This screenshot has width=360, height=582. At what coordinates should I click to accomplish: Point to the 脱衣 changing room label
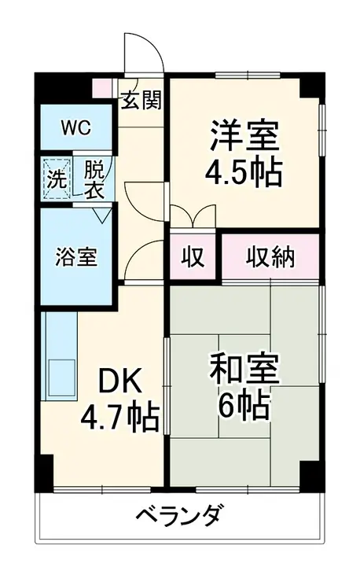pyautogui.click(x=94, y=177)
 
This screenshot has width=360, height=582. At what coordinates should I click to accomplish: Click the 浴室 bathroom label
pyautogui.click(x=77, y=256)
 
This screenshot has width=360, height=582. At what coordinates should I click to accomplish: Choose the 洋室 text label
pyautogui.click(x=244, y=135)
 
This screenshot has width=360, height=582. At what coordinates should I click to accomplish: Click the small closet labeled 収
pyautogui.click(x=192, y=256)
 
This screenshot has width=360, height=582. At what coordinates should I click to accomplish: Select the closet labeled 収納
pyautogui.click(x=271, y=256)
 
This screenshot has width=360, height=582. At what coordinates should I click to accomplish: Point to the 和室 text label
pyautogui.click(x=243, y=370)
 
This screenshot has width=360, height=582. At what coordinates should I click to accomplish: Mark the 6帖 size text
pyautogui.click(x=243, y=407)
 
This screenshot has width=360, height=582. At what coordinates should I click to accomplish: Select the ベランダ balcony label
pyautogui.click(x=180, y=518)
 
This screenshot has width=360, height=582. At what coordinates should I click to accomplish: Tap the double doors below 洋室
pyautogui.click(x=192, y=217)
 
